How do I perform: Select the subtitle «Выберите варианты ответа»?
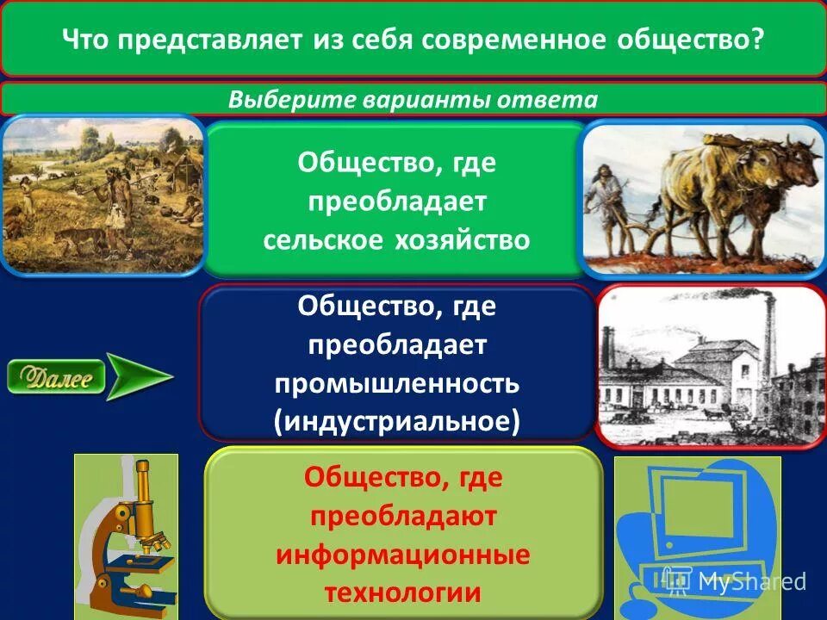[413, 99]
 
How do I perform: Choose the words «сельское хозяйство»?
[396, 239]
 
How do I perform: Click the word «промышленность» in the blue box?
[396, 381]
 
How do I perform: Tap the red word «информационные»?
[403, 554]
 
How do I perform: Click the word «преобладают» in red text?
[403, 516]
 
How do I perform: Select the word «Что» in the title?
[88, 40]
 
